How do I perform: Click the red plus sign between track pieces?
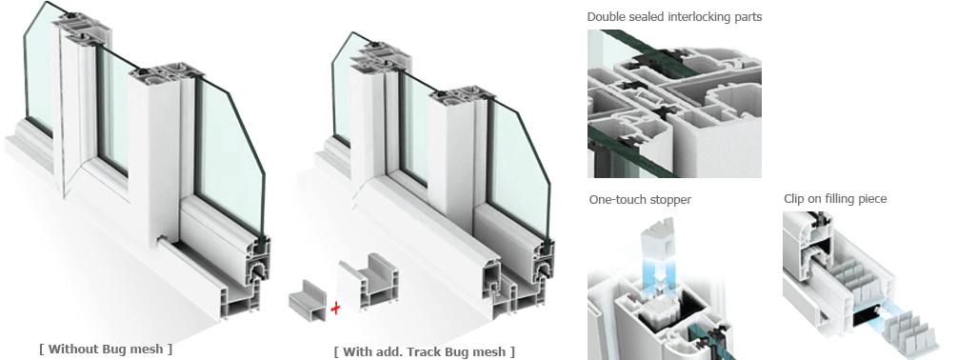[335, 309]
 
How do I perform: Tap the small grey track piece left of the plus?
[309, 298]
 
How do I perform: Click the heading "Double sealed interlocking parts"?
[674, 16]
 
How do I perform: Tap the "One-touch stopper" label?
[640, 200]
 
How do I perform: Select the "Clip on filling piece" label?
[835, 199]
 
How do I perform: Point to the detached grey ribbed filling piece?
[907, 332]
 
